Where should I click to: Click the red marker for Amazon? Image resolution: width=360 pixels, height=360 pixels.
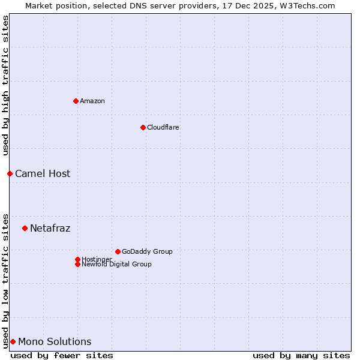click(x=76, y=101)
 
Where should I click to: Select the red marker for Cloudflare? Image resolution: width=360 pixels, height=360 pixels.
click(x=143, y=127)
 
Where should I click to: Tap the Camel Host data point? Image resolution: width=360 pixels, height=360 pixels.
click(x=10, y=173)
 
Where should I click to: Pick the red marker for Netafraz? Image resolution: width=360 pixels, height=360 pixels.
click(x=25, y=228)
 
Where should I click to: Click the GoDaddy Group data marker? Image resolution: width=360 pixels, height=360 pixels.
click(x=118, y=251)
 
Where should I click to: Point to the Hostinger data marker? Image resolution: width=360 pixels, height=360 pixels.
click(x=77, y=259)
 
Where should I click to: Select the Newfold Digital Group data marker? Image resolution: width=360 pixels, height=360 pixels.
click(x=77, y=264)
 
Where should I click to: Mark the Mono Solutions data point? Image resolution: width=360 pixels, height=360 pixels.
click(x=13, y=341)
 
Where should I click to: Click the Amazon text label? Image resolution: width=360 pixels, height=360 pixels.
click(x=92, y=101)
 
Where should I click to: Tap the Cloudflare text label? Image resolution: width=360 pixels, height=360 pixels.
click(x=163, y=127)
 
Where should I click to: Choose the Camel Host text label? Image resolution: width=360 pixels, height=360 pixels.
click(x=43, y=173)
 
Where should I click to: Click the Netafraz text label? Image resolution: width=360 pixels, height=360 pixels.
click(x=50, y=228)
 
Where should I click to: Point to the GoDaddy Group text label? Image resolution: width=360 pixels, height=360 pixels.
click(x=147, y=251)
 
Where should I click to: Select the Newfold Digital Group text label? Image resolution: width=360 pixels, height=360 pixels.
click(x=117, y=265)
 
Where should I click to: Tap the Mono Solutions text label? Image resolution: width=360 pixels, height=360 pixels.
click(x=55, y=341)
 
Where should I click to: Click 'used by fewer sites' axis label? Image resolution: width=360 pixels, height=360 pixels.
click(x=62, y=355)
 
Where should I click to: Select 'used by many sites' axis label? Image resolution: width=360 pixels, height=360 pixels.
click(x=301, y=355)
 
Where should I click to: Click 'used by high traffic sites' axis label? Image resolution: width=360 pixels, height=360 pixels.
click(x=5, y=85)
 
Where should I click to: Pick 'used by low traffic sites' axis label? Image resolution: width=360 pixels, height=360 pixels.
click(x=5, y=280)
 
